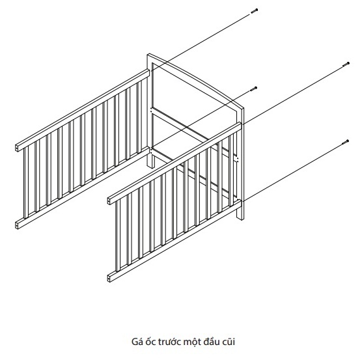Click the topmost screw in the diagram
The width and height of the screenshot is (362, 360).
[254, 11]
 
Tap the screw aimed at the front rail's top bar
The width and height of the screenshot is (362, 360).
[346, 64]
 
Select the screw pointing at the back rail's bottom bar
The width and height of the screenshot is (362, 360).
[254, 89]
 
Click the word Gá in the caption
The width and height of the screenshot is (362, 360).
[137, 342]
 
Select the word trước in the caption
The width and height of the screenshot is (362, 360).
[170, 342]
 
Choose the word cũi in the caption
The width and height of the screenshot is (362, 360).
[229, 342]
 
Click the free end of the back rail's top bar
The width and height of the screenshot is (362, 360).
[17, 148]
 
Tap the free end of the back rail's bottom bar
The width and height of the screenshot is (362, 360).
[17, 225]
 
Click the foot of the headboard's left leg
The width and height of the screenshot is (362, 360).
[151, 166]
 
